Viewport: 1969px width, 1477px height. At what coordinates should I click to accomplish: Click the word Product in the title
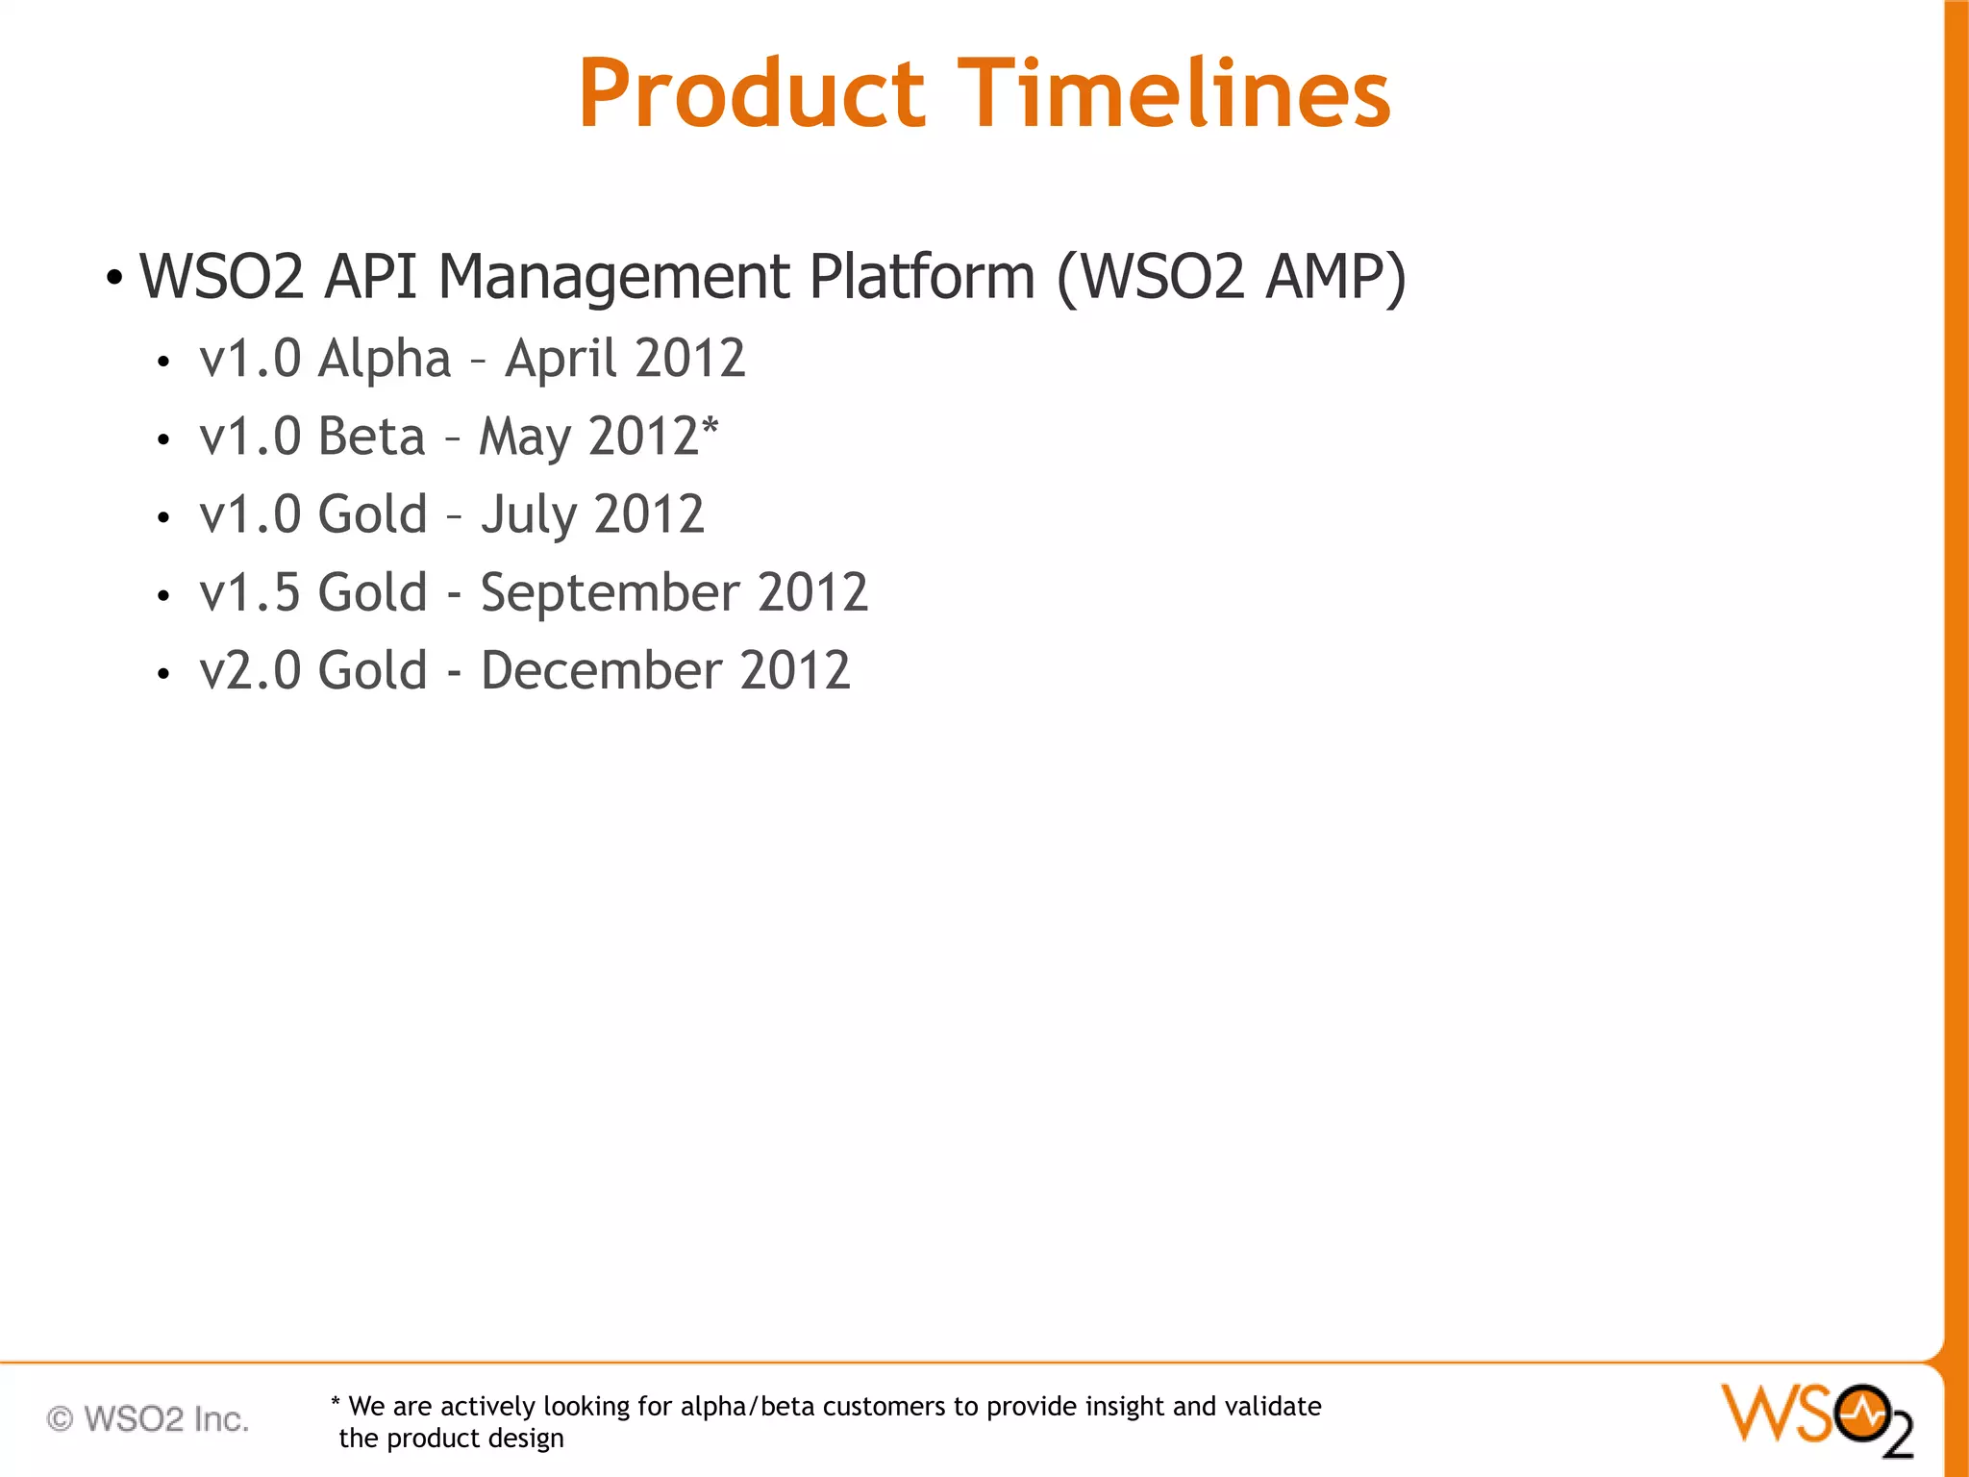[x=751, y=93]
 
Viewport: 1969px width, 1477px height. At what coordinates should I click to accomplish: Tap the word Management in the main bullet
[x=614, y=277]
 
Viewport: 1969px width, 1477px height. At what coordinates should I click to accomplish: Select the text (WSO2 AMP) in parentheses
[x=1231, y=277]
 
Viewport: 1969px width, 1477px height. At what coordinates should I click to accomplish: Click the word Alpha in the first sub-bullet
[x=384, y=360]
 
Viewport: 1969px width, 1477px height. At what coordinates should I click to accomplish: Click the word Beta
[x=371, y=437]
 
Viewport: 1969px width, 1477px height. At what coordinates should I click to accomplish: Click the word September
[x=610, y=593]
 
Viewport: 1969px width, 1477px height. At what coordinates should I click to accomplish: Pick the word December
[x=601, y=670]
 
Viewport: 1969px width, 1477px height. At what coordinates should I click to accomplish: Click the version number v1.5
[x=249, y=593]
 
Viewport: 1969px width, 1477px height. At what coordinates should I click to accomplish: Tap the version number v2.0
[x=249, y=670]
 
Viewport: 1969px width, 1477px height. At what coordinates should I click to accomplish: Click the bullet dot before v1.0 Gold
[x=163, y=518]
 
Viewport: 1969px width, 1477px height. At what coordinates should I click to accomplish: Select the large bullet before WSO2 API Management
[x=114, y=279]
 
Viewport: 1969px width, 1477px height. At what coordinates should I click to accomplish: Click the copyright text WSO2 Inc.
[x=148, y=1419]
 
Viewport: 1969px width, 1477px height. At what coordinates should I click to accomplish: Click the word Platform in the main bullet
[x=921, y=277]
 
